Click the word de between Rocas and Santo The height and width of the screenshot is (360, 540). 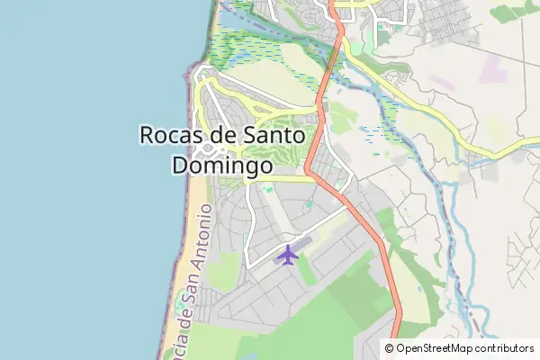[x=223, y=135]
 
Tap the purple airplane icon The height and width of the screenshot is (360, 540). [x=287, y=255]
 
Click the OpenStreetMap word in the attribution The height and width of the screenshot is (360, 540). [x=440, y=347]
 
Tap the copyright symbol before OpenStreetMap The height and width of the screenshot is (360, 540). [x=390, y=347]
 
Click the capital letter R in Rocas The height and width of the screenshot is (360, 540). [x=148, y=135]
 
